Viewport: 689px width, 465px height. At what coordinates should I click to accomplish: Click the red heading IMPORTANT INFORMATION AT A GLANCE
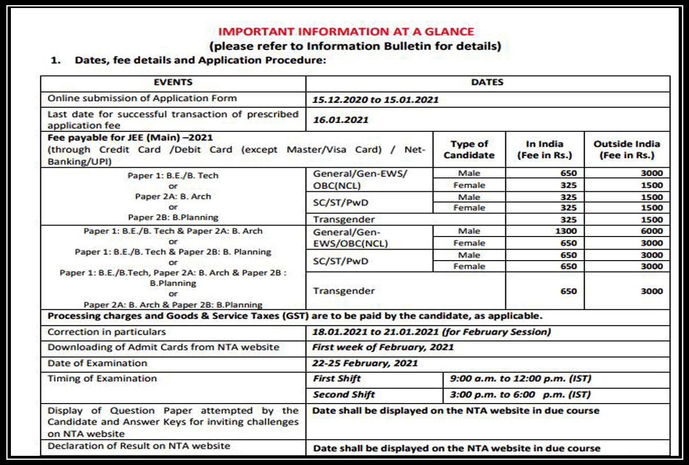coord(346,32)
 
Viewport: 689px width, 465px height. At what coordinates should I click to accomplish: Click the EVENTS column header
coord(173,83)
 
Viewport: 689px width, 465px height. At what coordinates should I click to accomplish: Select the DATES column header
coord(487,83)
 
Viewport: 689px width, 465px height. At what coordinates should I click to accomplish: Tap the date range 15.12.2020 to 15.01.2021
coord(375,99)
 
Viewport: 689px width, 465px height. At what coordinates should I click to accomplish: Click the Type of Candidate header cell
coord(469,149)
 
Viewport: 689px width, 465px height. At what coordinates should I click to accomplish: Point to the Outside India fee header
coord(626,149)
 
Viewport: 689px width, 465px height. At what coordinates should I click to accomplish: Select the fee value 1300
coord(567,231)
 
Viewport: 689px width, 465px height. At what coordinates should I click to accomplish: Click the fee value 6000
coord(651,231)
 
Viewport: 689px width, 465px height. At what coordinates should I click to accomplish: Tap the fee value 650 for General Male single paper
coord(568,173)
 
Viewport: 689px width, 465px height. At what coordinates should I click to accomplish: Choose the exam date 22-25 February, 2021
coord(365,363)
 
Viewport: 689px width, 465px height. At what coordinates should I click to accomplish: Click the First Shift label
coord(337,379)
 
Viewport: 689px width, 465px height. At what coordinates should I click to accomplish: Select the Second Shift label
coord(343,394)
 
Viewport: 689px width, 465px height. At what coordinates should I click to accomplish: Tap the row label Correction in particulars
coord(106,332)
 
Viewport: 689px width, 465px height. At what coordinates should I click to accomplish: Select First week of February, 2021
coord(383,347)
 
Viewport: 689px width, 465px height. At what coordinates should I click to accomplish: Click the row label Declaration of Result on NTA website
coord(138,445)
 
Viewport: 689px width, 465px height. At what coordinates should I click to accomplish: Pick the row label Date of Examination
coord(97,363)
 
